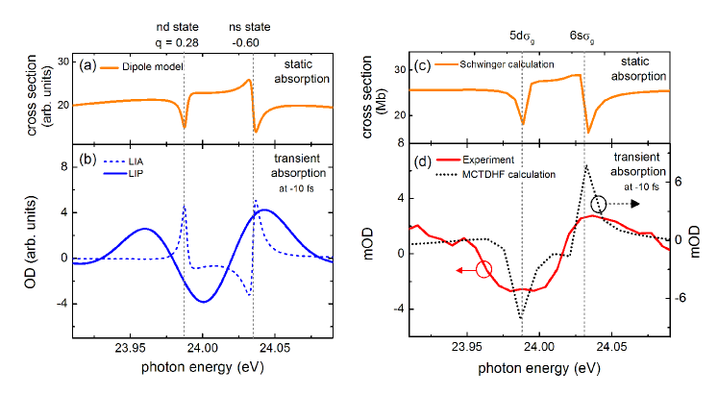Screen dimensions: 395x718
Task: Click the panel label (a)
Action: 85,66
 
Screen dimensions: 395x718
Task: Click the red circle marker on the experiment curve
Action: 483,270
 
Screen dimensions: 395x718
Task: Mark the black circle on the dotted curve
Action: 599,204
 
